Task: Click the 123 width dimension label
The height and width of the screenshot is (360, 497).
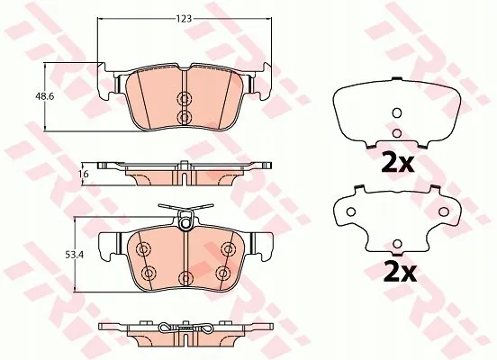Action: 185,19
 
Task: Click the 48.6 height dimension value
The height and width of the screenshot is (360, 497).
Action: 45,96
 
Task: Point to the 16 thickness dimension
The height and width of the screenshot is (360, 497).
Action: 85,174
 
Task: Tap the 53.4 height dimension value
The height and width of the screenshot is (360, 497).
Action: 74,255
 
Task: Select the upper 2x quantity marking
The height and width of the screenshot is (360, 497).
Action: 398,162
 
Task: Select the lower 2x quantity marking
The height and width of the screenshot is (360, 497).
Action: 400,272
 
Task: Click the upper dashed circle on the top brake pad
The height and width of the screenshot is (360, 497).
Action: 184,99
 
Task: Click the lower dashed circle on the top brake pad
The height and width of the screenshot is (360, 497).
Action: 184,117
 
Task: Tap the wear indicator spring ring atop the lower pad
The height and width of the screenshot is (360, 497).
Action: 185,224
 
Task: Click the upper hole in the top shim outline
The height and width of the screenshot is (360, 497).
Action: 397,112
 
